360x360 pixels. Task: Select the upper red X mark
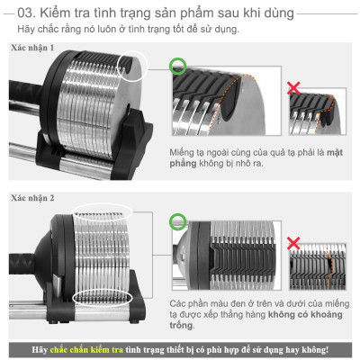[292, 88]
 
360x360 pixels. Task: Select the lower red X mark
[292, 244]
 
